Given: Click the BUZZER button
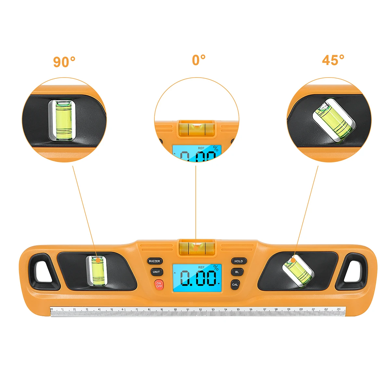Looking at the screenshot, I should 154,261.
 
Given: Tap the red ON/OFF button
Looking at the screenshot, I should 159,285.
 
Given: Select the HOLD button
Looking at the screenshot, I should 239,261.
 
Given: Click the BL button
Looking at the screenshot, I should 237,272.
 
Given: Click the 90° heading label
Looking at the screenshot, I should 64,62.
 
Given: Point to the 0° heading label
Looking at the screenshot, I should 199,60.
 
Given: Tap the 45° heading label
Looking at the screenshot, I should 333,60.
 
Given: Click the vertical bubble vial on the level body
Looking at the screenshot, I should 96,270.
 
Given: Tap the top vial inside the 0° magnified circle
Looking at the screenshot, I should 197,128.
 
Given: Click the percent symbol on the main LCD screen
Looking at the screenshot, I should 216,268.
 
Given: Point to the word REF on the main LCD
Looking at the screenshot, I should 201,267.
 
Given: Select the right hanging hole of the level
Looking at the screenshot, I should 353,271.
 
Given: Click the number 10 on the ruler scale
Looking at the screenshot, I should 175,310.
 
